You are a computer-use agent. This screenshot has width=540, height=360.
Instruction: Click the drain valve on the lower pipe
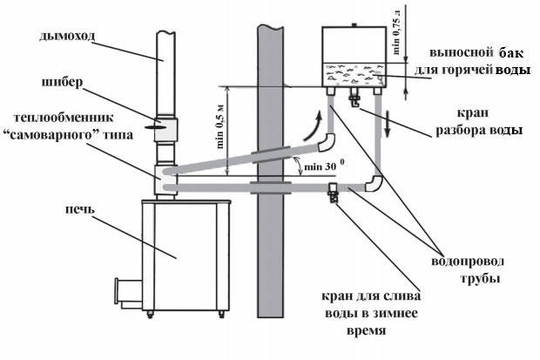coord(333,193)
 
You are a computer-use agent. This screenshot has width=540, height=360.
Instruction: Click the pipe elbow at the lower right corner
coord(372,185)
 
